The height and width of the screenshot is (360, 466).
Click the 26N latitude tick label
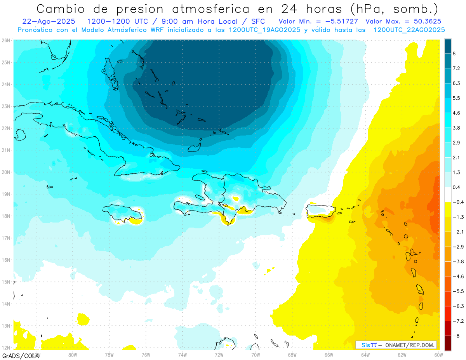coord(6,40)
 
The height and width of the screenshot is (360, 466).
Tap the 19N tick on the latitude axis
coord(6,194)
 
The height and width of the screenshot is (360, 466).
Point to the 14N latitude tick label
coord(6,304)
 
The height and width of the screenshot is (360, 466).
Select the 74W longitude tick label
coord(183,355)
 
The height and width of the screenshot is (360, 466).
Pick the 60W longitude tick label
coord(439,355)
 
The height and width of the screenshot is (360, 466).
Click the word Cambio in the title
coord(64,9)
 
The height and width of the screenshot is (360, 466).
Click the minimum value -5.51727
coord(341,21)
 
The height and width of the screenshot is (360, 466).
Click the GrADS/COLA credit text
coord(17,356)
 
